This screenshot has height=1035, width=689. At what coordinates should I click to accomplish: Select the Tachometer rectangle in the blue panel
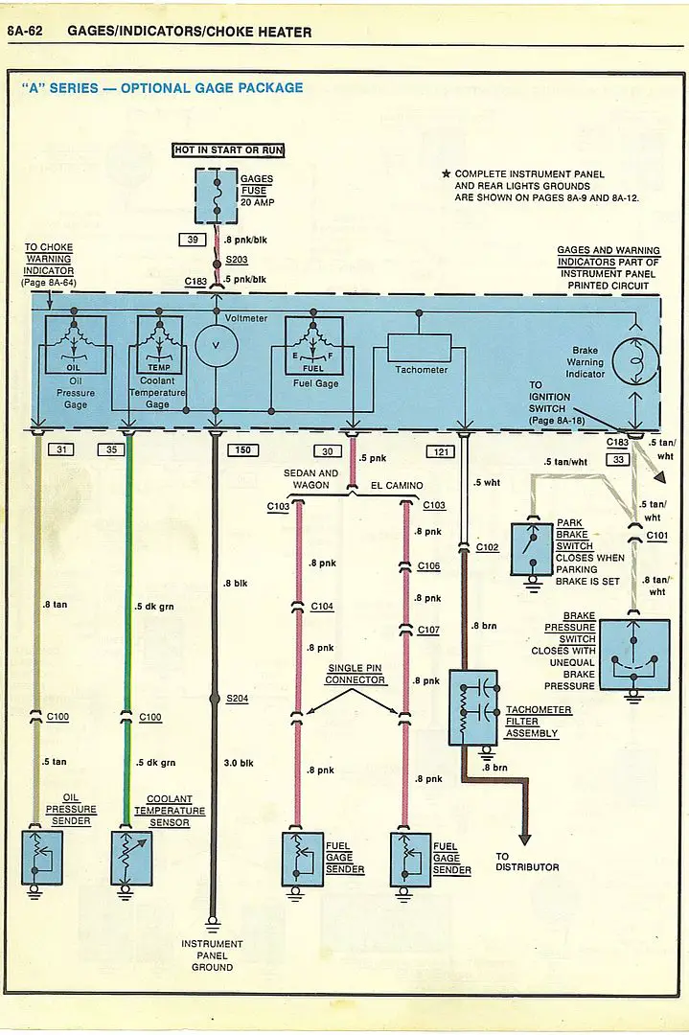coord(419,347)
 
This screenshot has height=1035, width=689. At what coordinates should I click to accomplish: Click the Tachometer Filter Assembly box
coord(473,707)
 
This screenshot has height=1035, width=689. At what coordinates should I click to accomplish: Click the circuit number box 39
coord(193,240)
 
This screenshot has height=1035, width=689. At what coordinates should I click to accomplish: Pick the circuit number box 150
coord(242,450)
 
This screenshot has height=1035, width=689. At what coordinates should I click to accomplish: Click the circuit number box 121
coord(441,451)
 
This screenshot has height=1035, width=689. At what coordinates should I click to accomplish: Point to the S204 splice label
coord(237,699)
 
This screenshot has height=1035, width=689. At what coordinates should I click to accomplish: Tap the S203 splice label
coord(237,260)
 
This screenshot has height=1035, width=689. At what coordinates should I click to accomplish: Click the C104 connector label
coord(322,607)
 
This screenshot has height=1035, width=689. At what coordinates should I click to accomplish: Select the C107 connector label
coord(428,631)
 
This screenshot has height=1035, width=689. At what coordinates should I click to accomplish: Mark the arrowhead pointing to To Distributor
coord(525,839)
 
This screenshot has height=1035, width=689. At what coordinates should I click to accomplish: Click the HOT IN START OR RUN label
coord(228,149)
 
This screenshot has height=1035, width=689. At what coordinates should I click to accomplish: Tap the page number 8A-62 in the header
coord(24,31)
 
